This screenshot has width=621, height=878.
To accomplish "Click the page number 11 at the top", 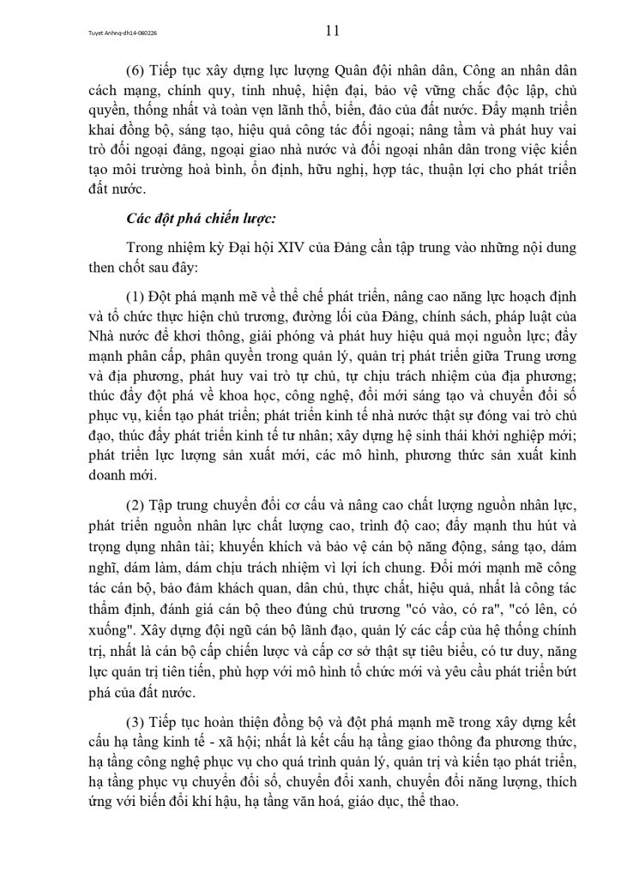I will (x=333, y=32).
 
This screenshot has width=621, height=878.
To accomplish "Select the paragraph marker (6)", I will (x=136, y=70).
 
